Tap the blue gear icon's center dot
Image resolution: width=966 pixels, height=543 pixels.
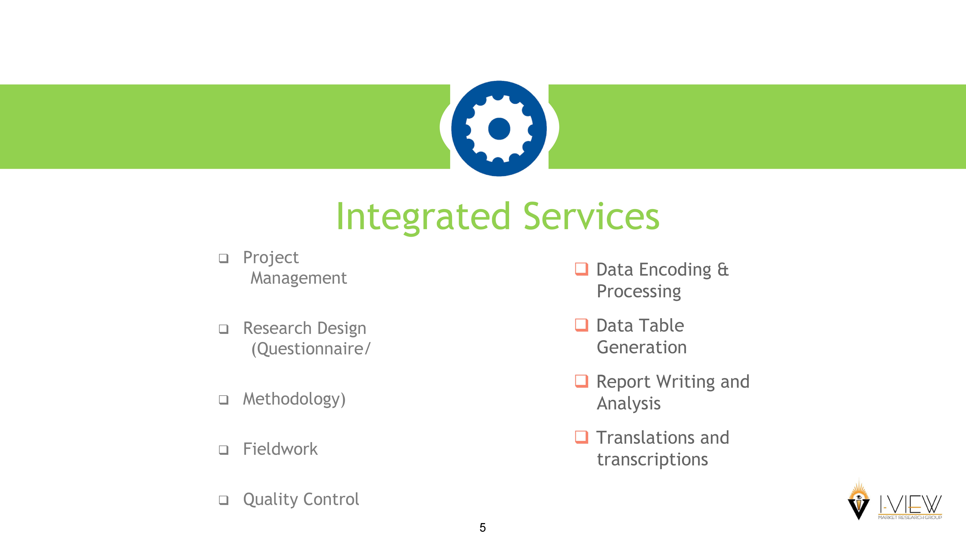[499, 129]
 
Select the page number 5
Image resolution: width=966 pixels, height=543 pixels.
[483, 528]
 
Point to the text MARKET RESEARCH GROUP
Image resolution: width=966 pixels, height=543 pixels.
[910, 518]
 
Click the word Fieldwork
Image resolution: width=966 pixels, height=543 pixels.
[280, 449]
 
